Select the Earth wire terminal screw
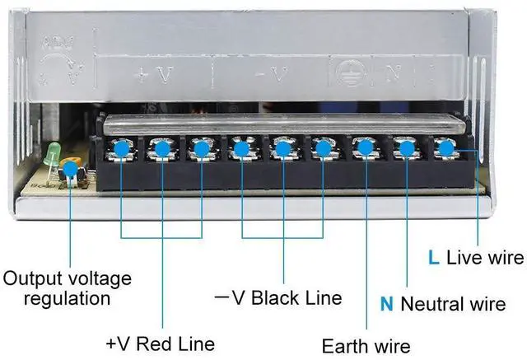coord(363,149)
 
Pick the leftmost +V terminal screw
coord(121,149)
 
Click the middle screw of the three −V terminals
coord(282,149)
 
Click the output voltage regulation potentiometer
coord(71,170)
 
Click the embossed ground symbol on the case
coord(344,72)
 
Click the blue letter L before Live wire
coord(433,257)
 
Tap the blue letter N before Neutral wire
coord(386,304)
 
